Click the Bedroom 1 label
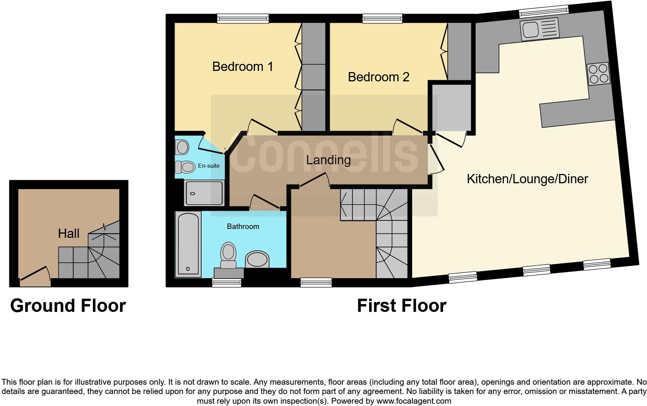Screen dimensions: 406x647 [243, 67]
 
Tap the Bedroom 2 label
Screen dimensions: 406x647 [378, 77]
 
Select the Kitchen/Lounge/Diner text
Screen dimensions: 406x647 [527, 179]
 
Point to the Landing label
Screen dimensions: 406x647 [328, 160]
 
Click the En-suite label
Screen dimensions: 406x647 [209, 166]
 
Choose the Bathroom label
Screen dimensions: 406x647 [243, 227]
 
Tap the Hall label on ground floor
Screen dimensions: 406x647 [68, 234]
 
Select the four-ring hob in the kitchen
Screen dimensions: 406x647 [598, 74]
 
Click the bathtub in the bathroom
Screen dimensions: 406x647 [188, 244]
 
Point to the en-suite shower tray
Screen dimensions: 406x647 [204, 193]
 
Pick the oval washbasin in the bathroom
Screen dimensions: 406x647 [257, 259]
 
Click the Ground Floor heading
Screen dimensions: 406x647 [68, 306]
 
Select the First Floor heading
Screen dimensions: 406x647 [401, 306]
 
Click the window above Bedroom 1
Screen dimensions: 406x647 [242, 18]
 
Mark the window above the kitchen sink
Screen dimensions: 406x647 [543, 12]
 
